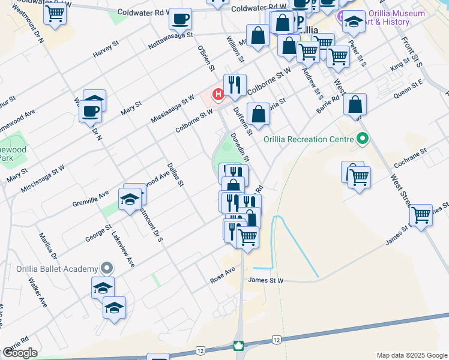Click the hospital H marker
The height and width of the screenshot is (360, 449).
pos(218,94)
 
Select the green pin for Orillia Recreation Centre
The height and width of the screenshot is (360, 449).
pos(362,140)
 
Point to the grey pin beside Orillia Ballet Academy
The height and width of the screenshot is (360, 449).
pos(107,268)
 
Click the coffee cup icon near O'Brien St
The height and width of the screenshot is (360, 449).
pos(180,20)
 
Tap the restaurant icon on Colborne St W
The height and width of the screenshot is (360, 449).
pos(235,85)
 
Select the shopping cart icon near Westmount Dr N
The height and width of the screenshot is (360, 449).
pos(55,13)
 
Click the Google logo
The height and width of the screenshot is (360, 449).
pos(19,353)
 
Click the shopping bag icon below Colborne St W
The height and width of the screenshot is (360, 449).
pos(258,114)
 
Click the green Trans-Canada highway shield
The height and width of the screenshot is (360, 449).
pos(239,346)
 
